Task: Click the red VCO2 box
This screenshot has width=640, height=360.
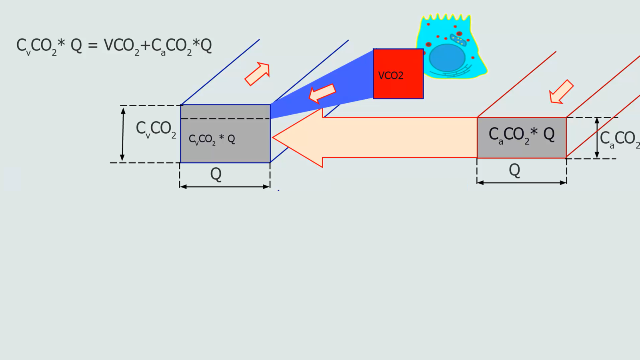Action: tap(398, 74)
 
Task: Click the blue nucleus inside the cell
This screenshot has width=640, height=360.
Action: tap(447, 58)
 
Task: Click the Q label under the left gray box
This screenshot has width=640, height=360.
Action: tap(216, 174)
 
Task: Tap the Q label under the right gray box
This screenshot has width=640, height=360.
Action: tap(514, 170)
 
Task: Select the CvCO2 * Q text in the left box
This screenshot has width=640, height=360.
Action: tap(212, 139)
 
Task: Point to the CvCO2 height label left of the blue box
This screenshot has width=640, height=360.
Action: tap(156, 129)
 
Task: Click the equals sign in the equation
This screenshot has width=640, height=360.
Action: tap(93, 45)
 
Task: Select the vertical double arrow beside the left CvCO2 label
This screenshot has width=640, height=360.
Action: tap(123, 134)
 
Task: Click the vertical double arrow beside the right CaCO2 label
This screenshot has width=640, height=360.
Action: tap(597, 138)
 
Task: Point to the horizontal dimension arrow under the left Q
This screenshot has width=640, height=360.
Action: tap(225, 186)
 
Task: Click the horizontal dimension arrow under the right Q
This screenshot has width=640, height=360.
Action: tap(522, 182)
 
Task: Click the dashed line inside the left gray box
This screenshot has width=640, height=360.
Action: tap(225, 119)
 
